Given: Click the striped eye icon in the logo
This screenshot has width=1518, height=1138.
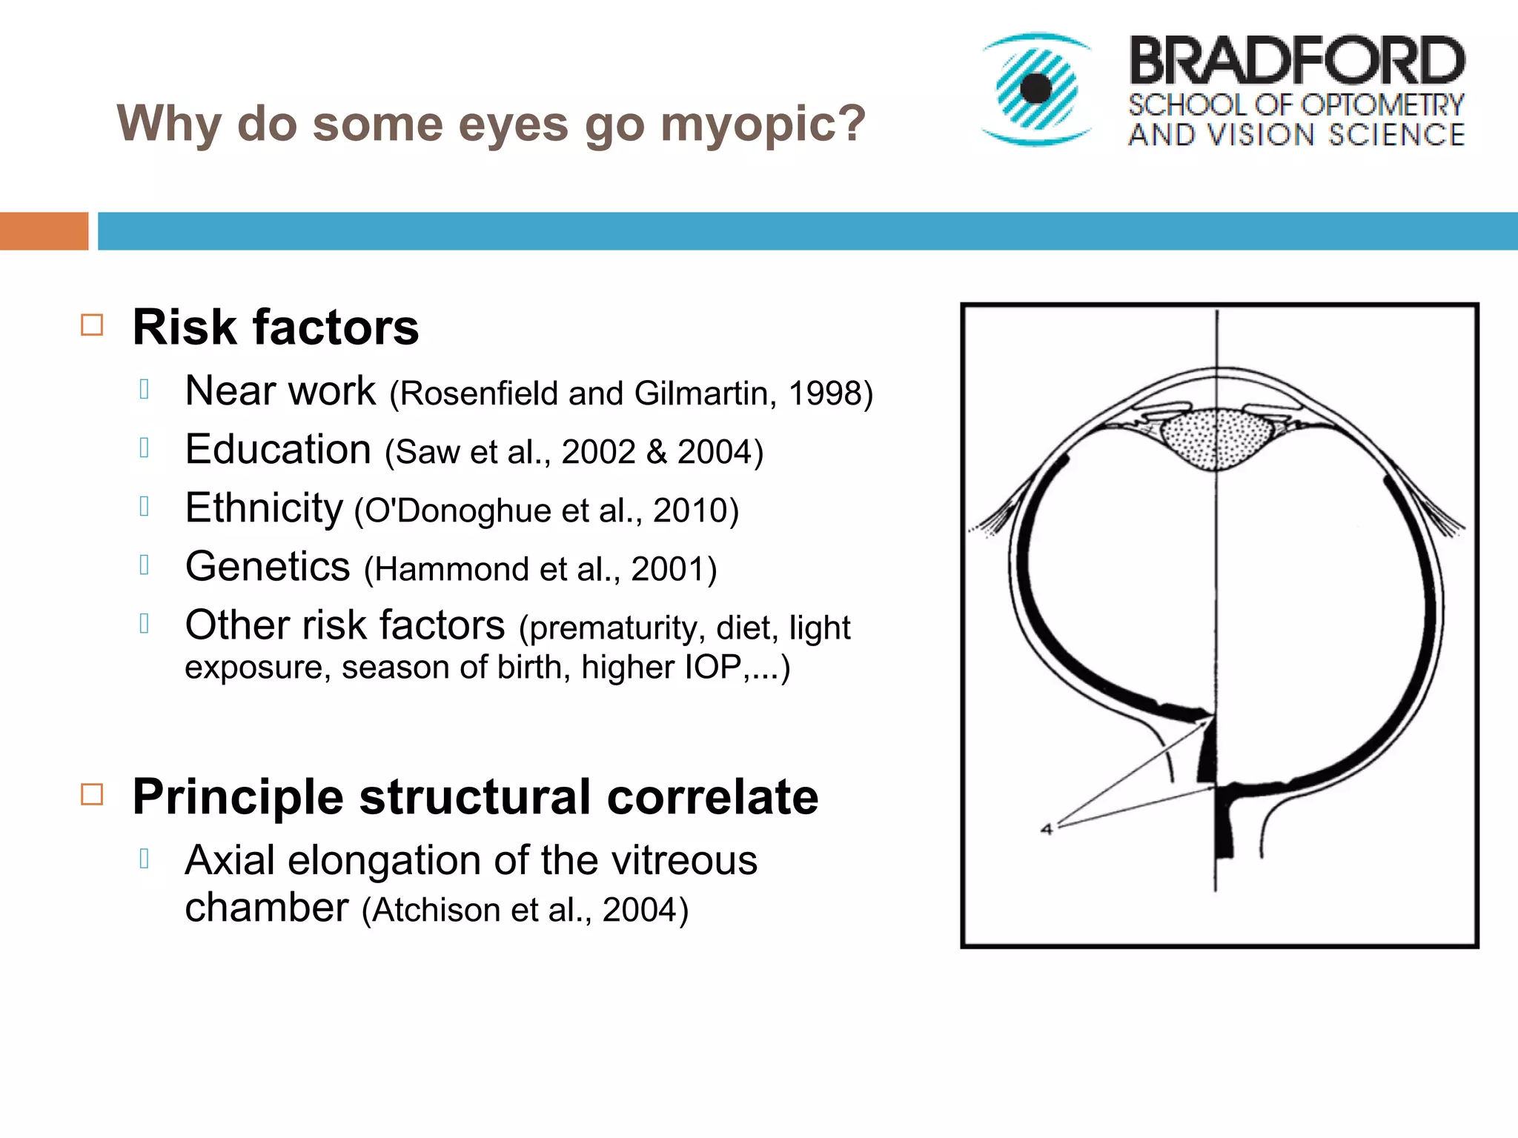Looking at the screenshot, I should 1035,89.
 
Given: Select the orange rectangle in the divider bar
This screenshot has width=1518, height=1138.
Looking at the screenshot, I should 44,231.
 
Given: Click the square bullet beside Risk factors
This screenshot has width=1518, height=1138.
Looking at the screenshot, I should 92,325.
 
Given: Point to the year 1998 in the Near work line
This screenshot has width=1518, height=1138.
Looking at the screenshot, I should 822,393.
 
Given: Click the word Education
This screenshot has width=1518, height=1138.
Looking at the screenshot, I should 278,450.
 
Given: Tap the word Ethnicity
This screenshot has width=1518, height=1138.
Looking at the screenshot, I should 264,508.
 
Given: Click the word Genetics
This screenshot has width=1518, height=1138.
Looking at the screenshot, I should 268,567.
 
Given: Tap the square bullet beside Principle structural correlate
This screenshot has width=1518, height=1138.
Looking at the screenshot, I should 92,795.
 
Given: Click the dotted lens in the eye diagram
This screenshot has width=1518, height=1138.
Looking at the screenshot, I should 1215,437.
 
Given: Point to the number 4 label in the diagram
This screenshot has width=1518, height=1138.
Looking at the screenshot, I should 1047,829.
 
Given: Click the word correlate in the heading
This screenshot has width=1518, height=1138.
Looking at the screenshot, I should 712,797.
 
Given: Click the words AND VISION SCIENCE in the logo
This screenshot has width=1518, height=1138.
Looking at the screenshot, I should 1296,135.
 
